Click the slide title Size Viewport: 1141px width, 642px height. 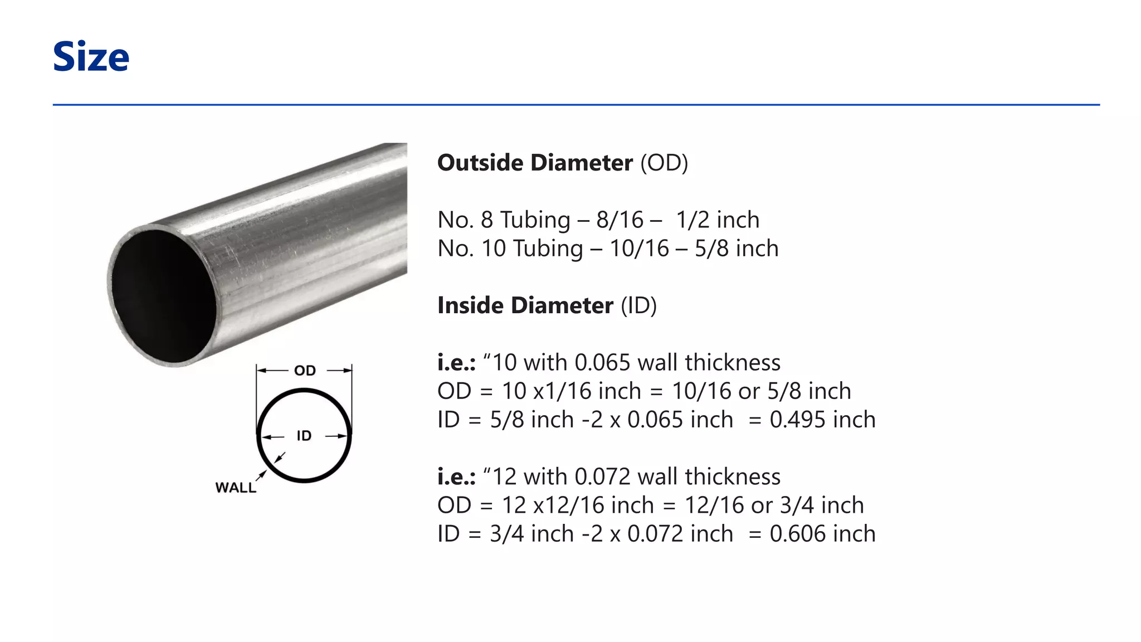coord(91,57)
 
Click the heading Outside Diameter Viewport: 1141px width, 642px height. coord(534,163)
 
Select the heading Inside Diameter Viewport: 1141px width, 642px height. coord(525,305)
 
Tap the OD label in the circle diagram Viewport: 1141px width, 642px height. coord(305,371)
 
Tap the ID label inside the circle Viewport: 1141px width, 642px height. coord(304,436)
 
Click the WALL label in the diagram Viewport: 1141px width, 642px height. coord(236,488)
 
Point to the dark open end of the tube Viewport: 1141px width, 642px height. coord(163,296)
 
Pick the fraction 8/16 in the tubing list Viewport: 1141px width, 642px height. coord(620,220)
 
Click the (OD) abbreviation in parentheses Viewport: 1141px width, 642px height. coord(664,163)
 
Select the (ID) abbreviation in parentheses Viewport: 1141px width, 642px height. coord(638,305)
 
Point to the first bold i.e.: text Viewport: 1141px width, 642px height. coord(456,363)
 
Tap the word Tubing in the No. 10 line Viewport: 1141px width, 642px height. coord(547,249)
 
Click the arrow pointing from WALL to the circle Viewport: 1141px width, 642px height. coord(261,475)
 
